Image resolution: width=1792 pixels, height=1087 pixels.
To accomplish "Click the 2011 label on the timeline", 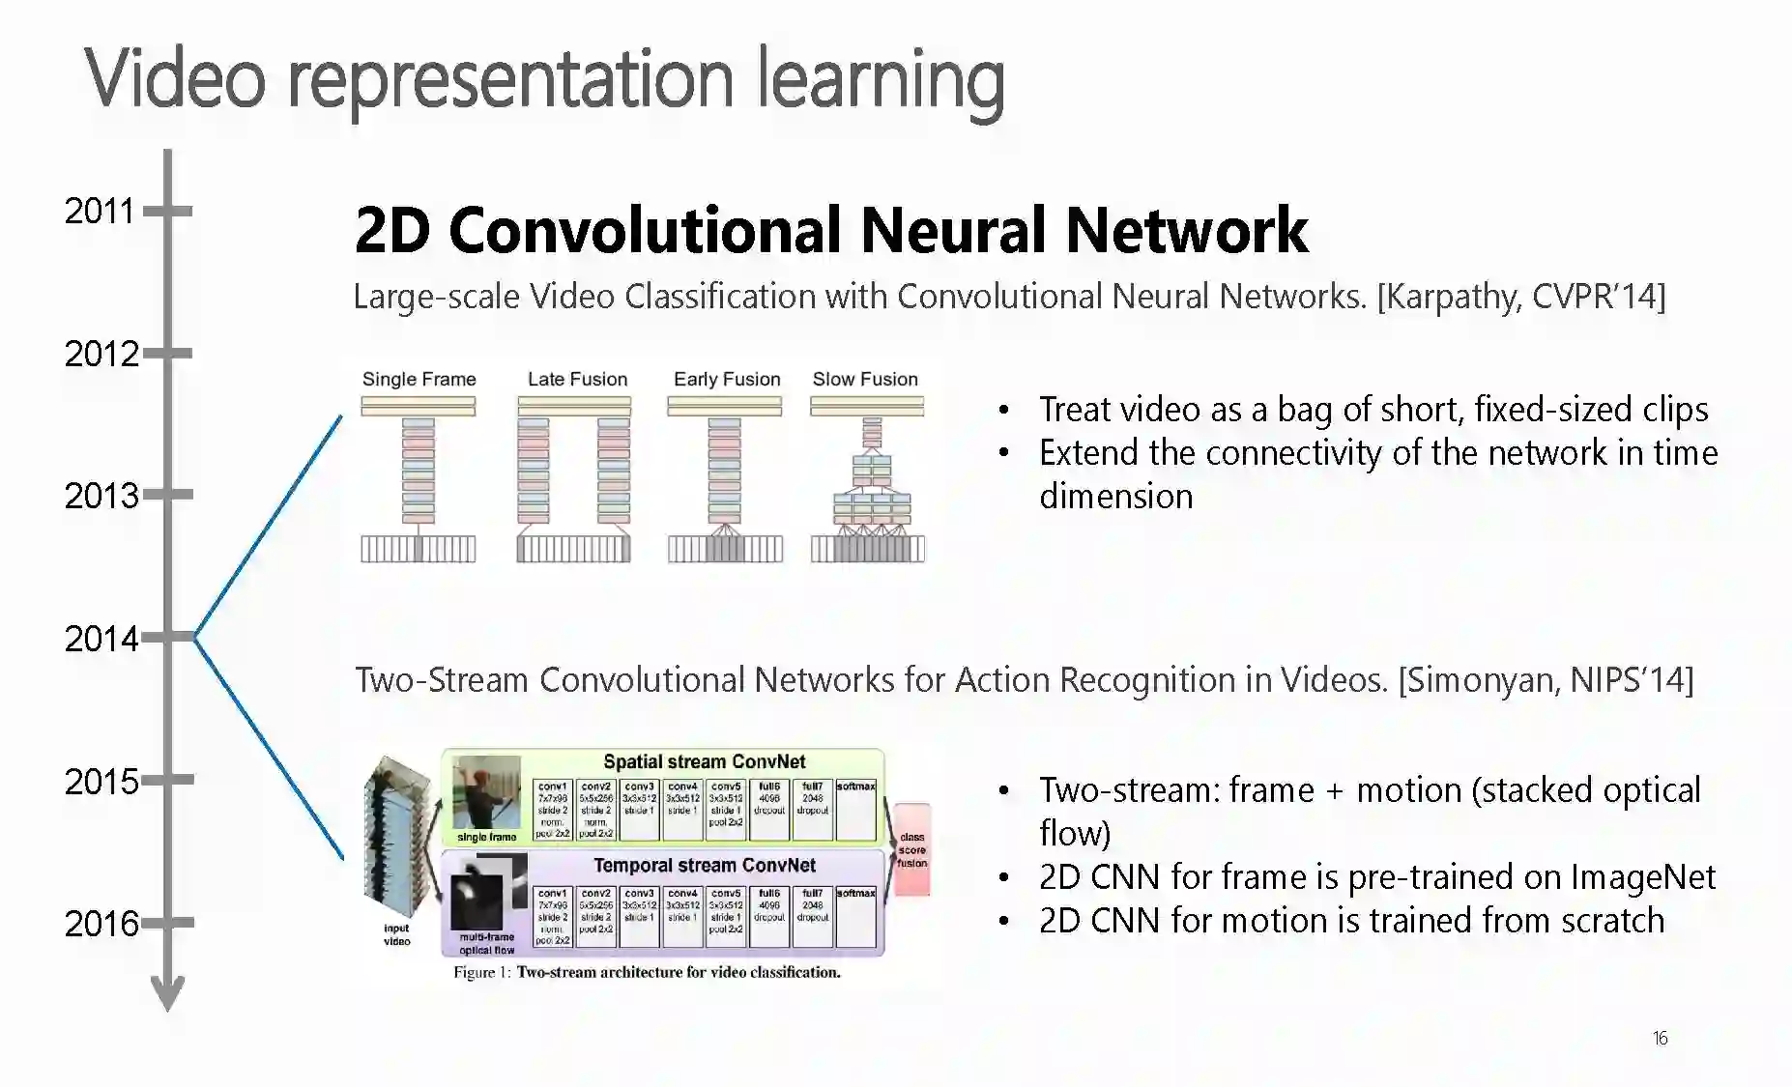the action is click(x=100, y=211).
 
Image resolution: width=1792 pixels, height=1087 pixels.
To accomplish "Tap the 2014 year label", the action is click(x=101, y=639).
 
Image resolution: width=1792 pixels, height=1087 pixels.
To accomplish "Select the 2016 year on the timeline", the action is click(x=101, y=924).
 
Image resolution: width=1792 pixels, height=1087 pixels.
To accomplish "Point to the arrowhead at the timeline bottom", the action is click(x=168, y=995).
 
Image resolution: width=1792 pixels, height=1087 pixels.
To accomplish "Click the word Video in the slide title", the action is click(x=175, y=79).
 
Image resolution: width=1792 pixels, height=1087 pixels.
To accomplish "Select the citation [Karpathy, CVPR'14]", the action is click(x=1521, y=296).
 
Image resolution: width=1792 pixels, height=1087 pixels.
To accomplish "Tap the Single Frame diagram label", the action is click(x=419, y=379).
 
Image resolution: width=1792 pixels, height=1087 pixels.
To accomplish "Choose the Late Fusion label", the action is click(x=577, y=379).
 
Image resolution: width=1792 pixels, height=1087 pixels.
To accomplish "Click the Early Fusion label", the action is click(x=727, y=379).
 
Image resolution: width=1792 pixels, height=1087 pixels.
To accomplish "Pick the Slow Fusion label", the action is click(x=865, y=379).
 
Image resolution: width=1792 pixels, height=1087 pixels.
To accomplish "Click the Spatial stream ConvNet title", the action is click(x=704, y=761).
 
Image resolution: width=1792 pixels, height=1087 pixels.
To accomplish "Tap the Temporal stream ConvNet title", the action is click(x=705, y=865).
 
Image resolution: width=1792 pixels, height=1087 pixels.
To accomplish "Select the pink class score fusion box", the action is click(x=911, y=849).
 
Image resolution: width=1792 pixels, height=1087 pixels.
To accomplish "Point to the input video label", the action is click(x=396, y=934).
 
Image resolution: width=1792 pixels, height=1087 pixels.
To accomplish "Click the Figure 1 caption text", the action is click(x=647, y=972).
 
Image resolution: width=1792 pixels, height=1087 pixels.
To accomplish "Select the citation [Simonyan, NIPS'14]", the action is click(x=1546, y=679).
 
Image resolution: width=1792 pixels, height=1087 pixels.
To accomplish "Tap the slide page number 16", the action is click(x=1660, y=1038).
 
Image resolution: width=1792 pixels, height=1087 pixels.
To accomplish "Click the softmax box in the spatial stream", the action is click(x=855, y=808).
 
